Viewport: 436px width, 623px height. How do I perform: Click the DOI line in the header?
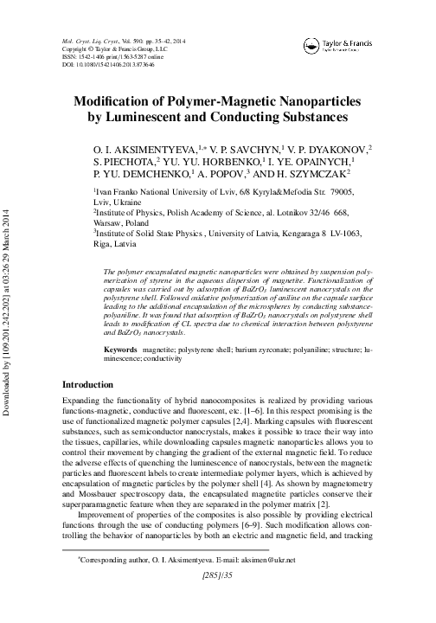tap(108, 65)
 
